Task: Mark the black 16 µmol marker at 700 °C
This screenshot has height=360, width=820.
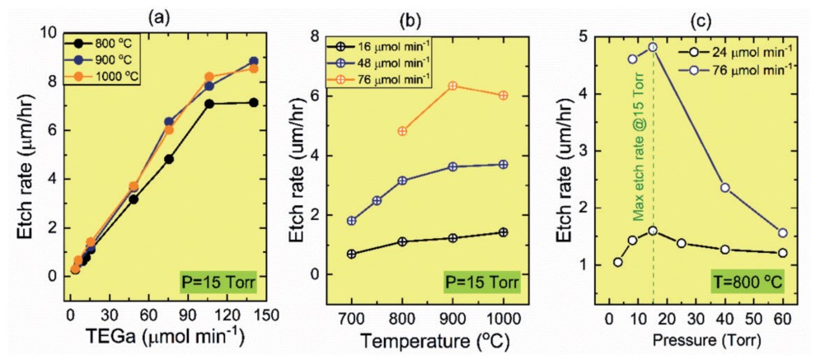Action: [352, 254]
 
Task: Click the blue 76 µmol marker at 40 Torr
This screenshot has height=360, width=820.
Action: [724, 188]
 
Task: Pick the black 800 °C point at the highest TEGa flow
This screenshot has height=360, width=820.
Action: [253, 103]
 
